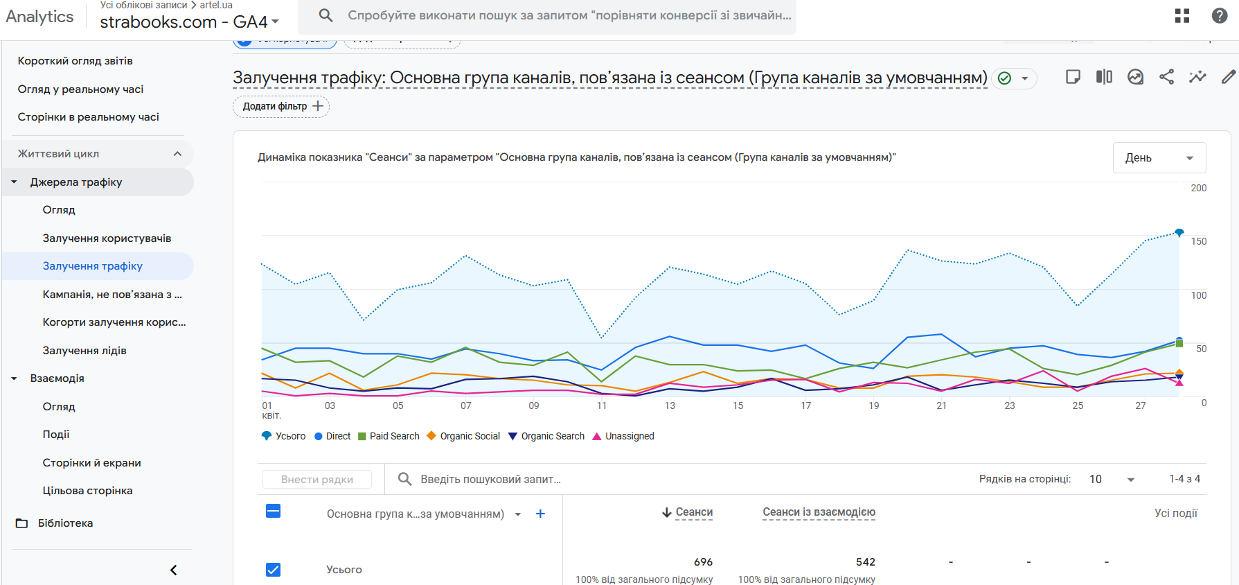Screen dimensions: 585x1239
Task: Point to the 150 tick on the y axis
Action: point(1198,241)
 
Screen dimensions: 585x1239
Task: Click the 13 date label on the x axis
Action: point(670,405)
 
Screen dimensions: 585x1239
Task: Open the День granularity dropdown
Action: point(1159,158)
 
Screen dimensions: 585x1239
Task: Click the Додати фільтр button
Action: point(281,106)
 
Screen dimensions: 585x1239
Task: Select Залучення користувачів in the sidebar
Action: point(107,238)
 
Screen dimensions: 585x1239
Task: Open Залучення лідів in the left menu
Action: point(84,351)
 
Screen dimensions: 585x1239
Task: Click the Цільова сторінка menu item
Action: point(87,491)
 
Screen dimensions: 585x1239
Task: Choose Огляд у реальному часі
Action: point(80,89)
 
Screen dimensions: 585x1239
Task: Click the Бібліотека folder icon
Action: point(22,523)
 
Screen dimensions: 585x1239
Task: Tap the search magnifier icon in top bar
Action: point(326,15)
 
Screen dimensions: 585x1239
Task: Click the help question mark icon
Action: point(1220,16)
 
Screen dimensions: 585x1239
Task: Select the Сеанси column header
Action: point(693,512)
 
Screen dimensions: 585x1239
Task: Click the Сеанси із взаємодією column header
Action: point(819,512)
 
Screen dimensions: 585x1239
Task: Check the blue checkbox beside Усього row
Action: point(274,570)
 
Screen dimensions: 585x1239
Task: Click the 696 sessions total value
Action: point(703,562)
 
